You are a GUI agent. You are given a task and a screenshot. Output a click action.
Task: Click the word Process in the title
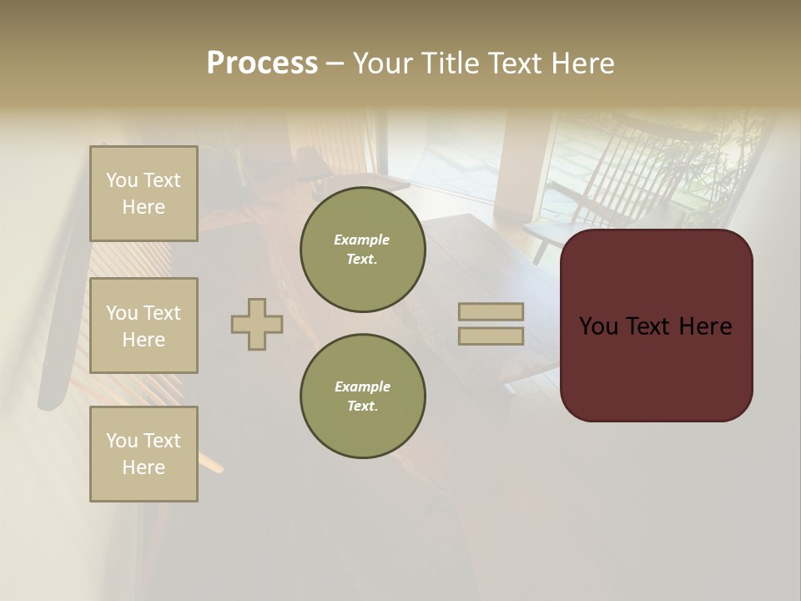coord(262,63)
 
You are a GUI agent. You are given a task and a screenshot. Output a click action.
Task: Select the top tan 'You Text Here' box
coord(144,194)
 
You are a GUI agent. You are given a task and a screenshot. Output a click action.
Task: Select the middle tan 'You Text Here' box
coord(144,326)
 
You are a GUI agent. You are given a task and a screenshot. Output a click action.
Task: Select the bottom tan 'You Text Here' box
coord(144,454)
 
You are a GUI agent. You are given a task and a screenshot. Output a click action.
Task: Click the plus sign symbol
coord(257,324)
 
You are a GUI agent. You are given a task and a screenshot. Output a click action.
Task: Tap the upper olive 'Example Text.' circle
coord(362,250)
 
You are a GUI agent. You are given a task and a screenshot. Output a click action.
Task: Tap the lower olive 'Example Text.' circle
coord(362,396)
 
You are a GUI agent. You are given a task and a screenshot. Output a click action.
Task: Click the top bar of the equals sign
coord(491,312)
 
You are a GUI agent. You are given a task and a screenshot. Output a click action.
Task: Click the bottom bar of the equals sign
coord(491,336)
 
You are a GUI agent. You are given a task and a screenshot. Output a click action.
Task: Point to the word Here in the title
coord(582,63)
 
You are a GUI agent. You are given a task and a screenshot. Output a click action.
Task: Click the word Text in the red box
coord(656,326)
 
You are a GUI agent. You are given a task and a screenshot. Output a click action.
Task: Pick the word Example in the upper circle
coord(362,240)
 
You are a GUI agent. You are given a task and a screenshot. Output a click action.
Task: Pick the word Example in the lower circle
coord(362,387)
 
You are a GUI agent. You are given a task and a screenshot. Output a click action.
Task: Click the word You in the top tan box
coord(122,180)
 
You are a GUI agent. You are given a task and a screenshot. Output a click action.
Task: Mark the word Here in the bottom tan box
coord(144,467)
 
